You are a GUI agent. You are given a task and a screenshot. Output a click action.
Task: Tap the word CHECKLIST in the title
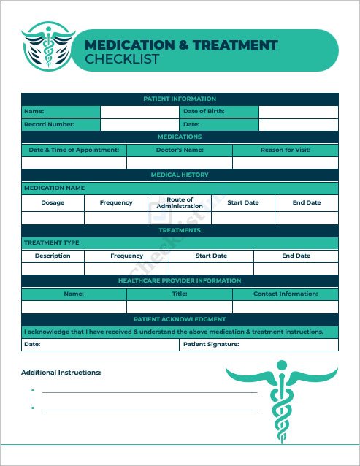pyautogui.click(x=122, y=59)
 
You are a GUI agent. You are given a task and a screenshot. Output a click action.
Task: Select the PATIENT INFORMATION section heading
pyautogui.click(x=180, y=99)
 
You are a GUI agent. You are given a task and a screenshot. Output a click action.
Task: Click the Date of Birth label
pyautogui.click(x=204, y=112)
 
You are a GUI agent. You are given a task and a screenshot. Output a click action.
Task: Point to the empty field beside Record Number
pyautogui.click(x=139, y=125)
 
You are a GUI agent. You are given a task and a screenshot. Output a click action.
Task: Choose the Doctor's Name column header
pyautogui.click(x=180, y=150)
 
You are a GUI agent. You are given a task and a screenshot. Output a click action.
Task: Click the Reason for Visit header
pyautogui.click(x=286, y=150)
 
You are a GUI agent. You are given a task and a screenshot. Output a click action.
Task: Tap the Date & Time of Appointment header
pyautogui.click(x=74, y=150)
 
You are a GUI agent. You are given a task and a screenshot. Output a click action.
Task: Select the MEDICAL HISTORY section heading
pyautogui.click(x=180, y=175)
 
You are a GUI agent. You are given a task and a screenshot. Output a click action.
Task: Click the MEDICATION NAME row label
pyautogui.click(x=55, y=188)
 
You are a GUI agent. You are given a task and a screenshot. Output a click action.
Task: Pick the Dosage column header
pyautogui.click(x=53, y=202)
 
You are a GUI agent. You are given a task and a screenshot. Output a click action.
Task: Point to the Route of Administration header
pyautogui.click(x=180, y=202)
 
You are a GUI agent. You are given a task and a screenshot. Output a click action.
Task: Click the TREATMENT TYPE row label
pyautogui.click(x=52, y=242)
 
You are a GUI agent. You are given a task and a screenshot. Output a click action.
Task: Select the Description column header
pyautogui.click(x=53, y=256)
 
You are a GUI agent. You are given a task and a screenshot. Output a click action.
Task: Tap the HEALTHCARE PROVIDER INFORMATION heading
pyautogui.click(x=180, y=280)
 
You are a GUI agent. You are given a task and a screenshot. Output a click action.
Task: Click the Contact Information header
pyautogui.click(x=286, y=294)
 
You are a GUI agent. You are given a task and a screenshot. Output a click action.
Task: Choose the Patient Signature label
pyautogui.click(x=211, y=344)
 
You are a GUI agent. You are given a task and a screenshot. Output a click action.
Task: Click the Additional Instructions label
pyautogui.click(x=61, y=373)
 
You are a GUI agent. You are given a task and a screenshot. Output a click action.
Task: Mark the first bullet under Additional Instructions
pyautogui.click(x=33, y=391)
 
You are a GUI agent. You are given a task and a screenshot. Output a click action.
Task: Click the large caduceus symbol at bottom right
pyautogui.click(x=282, y=402)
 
